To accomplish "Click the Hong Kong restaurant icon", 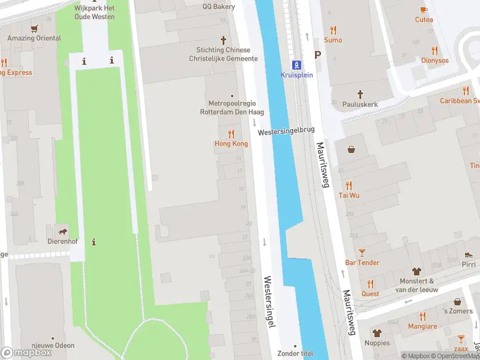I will (231, 134).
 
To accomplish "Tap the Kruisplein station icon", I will (296, 64).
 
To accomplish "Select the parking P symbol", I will (318, 55).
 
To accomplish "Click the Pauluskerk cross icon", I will (361, 94).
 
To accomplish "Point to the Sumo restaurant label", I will (333, 40).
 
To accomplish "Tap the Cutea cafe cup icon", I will (424, 10).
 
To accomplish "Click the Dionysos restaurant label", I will (434, 61).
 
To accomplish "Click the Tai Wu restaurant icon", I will (349, 185).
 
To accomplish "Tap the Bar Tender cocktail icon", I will (362, 253).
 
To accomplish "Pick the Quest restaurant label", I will (370, 294).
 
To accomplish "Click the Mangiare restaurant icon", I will (422, 316).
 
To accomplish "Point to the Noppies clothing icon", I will (377, 333).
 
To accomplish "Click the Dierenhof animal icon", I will (61, 232).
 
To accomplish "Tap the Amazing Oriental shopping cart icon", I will (34, 28).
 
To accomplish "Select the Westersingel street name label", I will (269, 301).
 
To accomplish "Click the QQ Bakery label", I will (218, 7).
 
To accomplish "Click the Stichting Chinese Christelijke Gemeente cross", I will (223, 40).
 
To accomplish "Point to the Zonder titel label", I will (295, 353).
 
